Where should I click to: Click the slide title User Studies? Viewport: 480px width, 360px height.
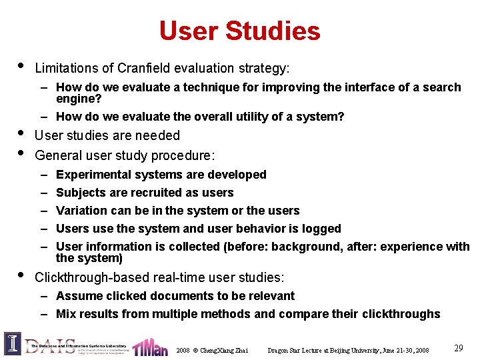point(239,31)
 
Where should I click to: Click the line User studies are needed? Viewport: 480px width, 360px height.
point(107,135)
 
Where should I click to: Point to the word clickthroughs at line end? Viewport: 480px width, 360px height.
point(401,314)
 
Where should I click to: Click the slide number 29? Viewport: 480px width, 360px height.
point(459,348)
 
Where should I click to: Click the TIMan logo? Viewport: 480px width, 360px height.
point(149,347)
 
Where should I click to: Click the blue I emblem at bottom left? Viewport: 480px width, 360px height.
point(12,343)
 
